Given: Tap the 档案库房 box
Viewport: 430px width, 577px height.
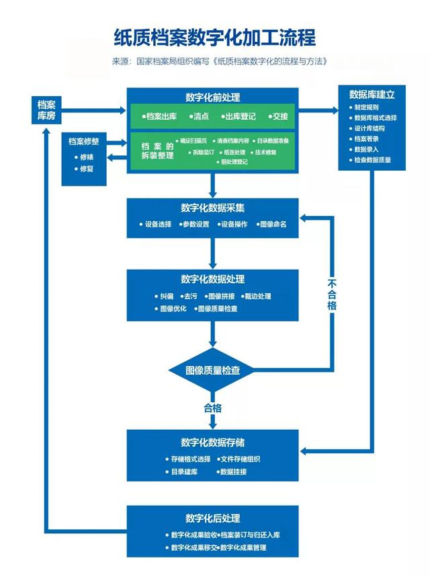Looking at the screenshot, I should point(46,110).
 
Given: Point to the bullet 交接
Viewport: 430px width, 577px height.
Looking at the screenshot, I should point(280,116).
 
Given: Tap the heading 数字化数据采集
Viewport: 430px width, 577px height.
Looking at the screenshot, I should point(212,208).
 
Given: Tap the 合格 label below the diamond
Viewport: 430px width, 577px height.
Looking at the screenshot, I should point(212,408).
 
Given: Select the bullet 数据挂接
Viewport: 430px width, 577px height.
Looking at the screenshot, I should point(232,472).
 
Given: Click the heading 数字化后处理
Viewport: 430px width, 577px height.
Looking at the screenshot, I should point(212,518).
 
